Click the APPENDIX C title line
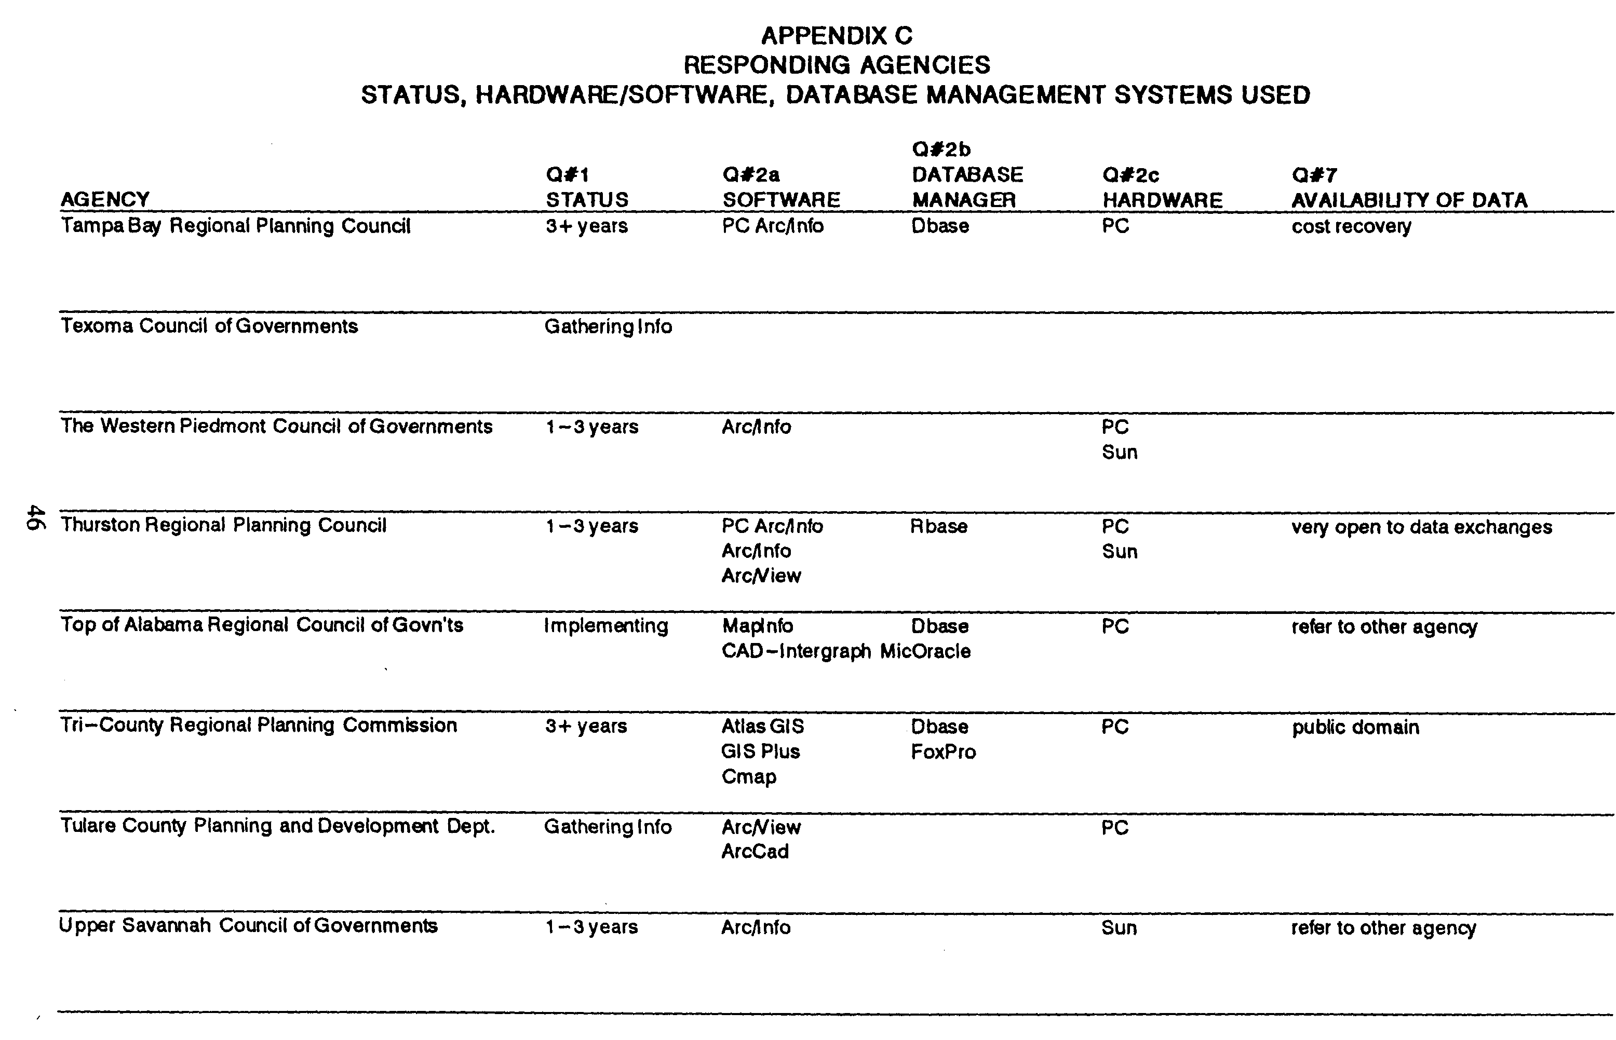pos(837,35)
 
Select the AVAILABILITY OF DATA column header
pos(1409,200)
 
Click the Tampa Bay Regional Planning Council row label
pos(235,226)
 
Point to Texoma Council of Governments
pos(209,326)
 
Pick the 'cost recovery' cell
pos(1351,226)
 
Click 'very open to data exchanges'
pos(1421,527)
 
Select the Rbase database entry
pos(938,526)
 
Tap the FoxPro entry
pos(943,751)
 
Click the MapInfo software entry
pos(757,626)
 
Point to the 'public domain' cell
pos(1355,727)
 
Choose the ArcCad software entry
pos(755,851)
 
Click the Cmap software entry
pos(749,776)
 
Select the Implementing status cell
pos(606,626)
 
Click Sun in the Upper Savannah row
pos(1119,927)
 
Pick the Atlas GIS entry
pos(763,727)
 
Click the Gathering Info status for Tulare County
pos(608,827)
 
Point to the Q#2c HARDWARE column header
pos(1162,188)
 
